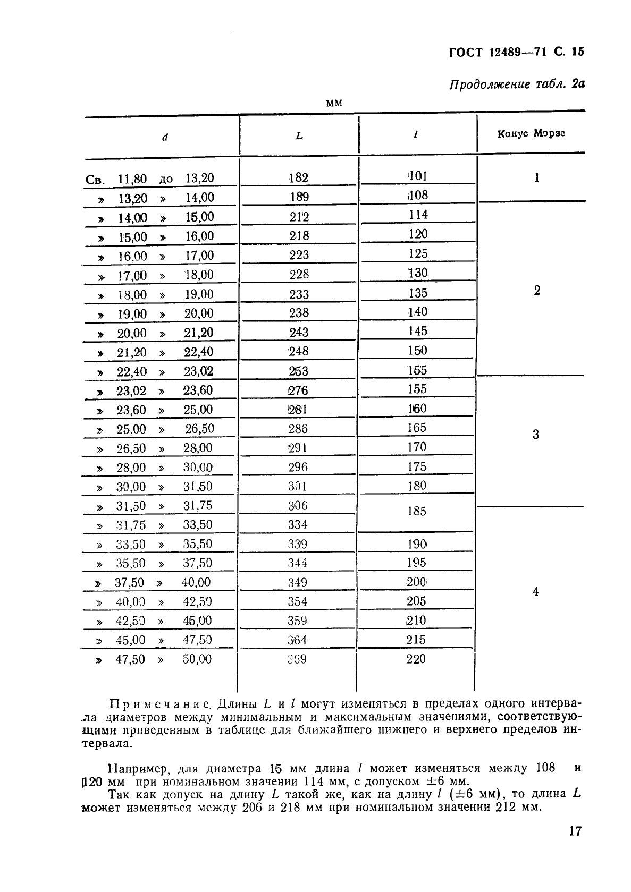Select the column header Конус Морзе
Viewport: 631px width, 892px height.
click(x=531, y=133)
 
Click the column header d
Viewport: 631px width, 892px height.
click(x=165, y=137)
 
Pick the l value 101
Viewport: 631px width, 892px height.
click(x=417, y=176)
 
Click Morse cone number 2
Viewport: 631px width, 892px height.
click(x=536, y=291)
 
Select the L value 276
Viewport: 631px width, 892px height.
click(x=298, y=390)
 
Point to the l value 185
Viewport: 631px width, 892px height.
click(x=416, y=511)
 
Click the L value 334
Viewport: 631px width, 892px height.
click(x=298, y=525)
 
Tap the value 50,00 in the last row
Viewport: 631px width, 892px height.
click(x=197, y=659)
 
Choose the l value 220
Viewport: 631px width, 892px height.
click(x=416, y=659)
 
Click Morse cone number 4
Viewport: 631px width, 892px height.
click(x=535, y=592)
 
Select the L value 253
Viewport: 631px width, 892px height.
click(x=298, y=371)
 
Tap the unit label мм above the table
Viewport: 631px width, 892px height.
click(x=333, y=103)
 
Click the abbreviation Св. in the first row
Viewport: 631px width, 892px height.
click(x=95, y=180)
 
